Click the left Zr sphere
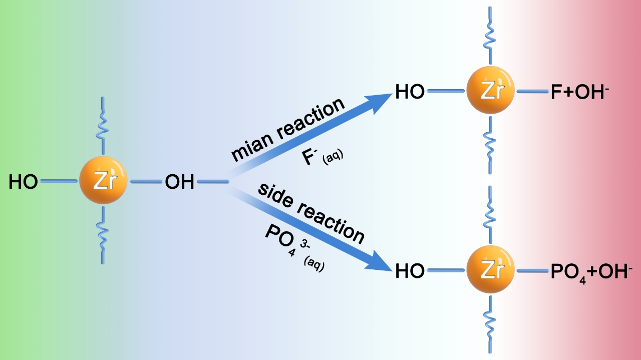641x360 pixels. (103, 182)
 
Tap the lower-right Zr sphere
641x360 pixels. (491, 271)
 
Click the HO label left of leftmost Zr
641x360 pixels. (23, 182)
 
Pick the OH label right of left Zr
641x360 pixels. (179, 182)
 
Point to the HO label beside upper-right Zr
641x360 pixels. (410, 92)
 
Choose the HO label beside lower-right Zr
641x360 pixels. (410, 271)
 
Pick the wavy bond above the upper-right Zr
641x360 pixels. (491, 35)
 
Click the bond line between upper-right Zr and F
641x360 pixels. (532, 92)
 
